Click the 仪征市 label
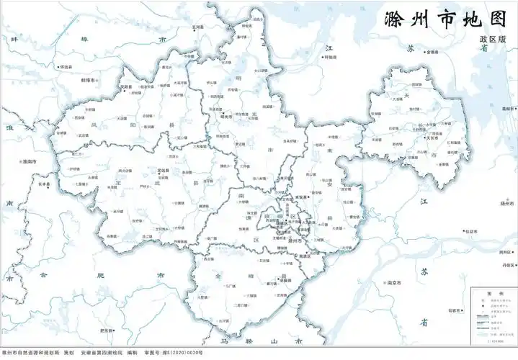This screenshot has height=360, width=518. click(x=472, y=231)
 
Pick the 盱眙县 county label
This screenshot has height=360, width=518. click(x=331, y=56)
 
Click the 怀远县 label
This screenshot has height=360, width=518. click(x=66, y=67)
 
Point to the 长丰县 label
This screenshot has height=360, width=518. click(x=45, y=184)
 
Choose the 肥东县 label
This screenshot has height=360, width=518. click(x=107, y=330)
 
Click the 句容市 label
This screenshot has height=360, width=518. click(x=454, y=311)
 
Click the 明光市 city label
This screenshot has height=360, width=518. click(x=225, y=116)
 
